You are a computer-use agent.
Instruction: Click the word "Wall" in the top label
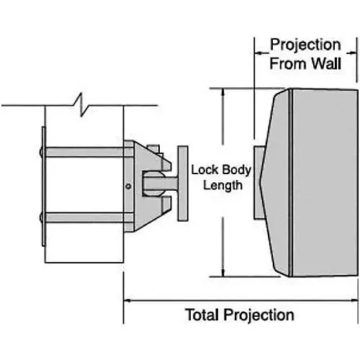tap(332, 63)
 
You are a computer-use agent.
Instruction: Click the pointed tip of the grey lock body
tap(261, 174)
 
